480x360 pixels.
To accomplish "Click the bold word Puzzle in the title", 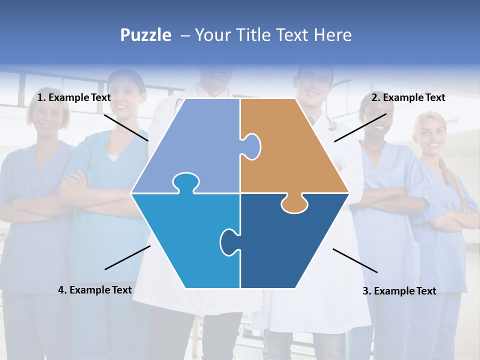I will (x=145, y=35).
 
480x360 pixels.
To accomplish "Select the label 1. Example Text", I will (x=74, y=97).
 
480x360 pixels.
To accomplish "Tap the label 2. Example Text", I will (x=408, y=97).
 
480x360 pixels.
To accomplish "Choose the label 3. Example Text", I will (x=399, y=291).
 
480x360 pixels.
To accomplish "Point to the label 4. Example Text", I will (x=95, y=290).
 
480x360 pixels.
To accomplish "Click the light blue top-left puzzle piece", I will (x=195, y=145).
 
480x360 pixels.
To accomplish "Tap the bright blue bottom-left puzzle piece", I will (x=185, y=240).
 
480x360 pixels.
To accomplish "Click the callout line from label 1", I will (x=126, y=127).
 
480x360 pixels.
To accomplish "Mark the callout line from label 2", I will (x=360, y=127).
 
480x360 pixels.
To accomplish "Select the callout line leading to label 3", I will (x=355, y=260).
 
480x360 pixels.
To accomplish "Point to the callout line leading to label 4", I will (x=127, y=257).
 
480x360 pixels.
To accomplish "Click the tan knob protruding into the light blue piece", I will (x=251, y=146).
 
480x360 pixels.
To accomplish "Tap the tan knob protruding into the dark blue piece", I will (x=294, y=203).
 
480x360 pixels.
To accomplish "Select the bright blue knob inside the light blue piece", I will (x=185, y=182).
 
